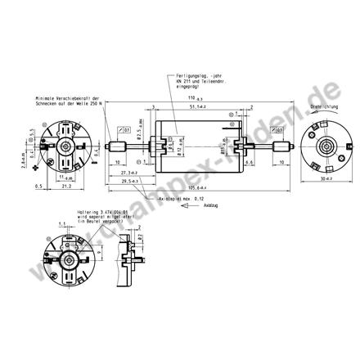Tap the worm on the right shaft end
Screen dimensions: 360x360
coord(283,147)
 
